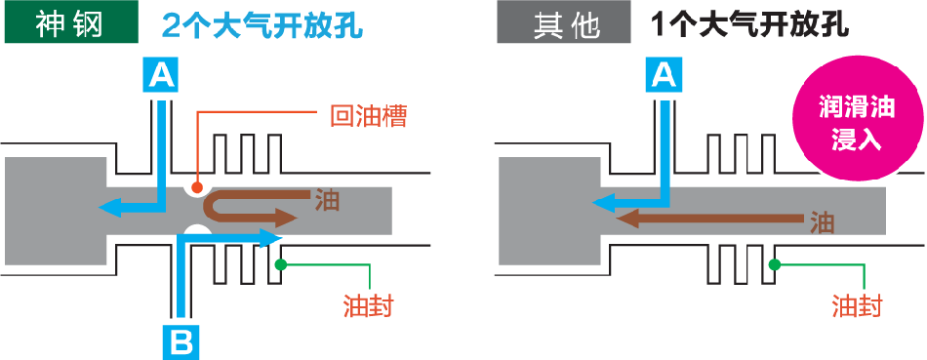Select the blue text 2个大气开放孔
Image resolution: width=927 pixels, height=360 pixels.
[x=263, y=24]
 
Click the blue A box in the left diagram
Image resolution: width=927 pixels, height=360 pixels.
[x=162, y=75]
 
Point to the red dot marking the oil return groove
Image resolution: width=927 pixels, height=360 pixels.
[x=198, y=186]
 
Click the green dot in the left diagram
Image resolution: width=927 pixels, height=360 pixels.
[x=280, y=263]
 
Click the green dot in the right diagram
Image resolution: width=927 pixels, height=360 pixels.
[x=774, y=263]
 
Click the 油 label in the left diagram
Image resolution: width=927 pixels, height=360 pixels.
[x=327, y=200]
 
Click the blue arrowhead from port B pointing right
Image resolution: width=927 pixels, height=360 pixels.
[x=273, y=236]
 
